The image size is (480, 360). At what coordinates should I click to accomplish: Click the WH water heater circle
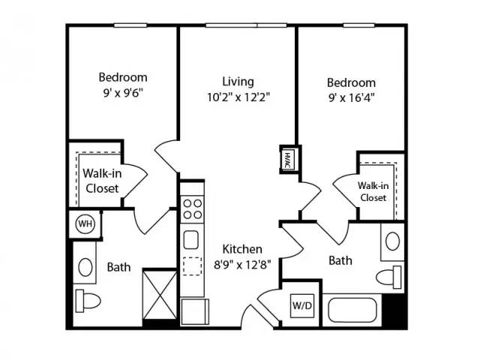[85, 224]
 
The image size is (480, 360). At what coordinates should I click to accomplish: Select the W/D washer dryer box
[301, 305]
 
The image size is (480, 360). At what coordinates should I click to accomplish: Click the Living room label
[238, 82]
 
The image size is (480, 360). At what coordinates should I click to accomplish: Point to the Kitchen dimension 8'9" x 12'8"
[242, 264]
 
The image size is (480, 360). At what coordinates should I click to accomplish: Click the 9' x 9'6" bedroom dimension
[123, 92]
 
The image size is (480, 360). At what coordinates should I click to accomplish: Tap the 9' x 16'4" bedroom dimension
[352, 97]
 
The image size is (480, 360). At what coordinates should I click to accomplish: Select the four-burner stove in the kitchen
[192, 209]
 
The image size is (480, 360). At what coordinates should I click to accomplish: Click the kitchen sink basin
[191, 240]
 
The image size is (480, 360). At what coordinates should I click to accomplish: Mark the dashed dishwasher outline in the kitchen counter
[192, 266]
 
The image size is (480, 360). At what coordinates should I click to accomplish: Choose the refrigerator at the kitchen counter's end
[195, 312]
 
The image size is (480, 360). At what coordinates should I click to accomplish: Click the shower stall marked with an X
[160, 295]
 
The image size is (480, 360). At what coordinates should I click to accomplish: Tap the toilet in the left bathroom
[88, 301]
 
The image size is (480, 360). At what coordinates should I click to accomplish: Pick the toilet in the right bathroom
[388, 277]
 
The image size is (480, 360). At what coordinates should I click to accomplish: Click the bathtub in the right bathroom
[352, 310]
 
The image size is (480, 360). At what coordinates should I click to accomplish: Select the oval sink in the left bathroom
[85, 267]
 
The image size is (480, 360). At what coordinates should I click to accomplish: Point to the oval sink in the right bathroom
[392, 241]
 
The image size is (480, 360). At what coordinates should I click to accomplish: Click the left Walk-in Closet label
[102, 181]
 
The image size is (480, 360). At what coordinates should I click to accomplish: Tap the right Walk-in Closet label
[373, 192]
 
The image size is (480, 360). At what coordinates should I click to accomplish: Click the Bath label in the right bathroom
[340, 260]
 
